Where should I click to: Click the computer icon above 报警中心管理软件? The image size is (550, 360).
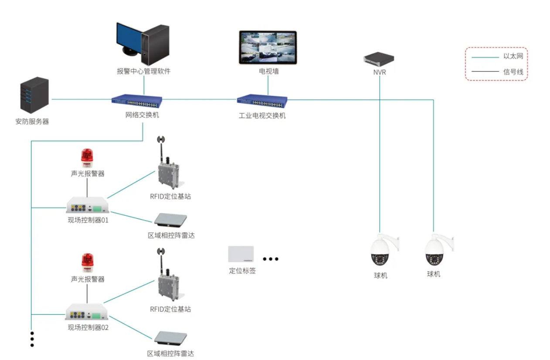(x=143, y=44)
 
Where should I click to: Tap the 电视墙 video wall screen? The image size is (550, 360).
(x=268, y=48)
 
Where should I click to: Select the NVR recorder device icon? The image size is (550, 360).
(x=379, y=58)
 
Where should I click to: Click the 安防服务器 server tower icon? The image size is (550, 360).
(x=34, y=96)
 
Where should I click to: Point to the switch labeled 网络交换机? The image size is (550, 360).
(x=136, y=101)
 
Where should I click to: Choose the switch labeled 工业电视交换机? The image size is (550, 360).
(x=262, y=101)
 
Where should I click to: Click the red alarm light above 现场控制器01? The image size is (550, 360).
(x=87, y=158)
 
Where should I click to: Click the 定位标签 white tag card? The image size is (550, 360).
(x=241, y=254)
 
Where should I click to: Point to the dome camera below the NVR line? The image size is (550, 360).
(x=380, y=250)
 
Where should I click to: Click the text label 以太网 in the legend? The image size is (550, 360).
(x=513, y=56)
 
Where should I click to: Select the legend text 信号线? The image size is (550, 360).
(x=513, y=71)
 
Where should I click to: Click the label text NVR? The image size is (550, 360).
(x=380, y=72)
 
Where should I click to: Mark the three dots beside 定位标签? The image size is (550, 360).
(x=270, y=259)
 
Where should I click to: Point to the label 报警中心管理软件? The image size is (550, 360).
(x=143, y=71)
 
